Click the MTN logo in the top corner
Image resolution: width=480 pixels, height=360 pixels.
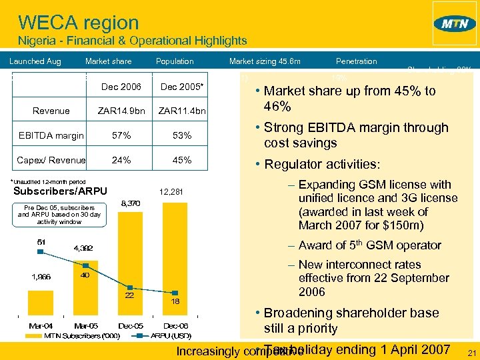click(455, 23)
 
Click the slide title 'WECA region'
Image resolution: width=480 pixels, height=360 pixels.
click(78, 23)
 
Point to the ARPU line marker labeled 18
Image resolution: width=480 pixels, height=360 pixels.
click(175, 292)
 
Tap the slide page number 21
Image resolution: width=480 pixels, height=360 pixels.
click(471, 353)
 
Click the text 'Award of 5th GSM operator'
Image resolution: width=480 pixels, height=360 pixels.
click(369, 245)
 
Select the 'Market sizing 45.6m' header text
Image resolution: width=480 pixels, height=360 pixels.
click(265, 61)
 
